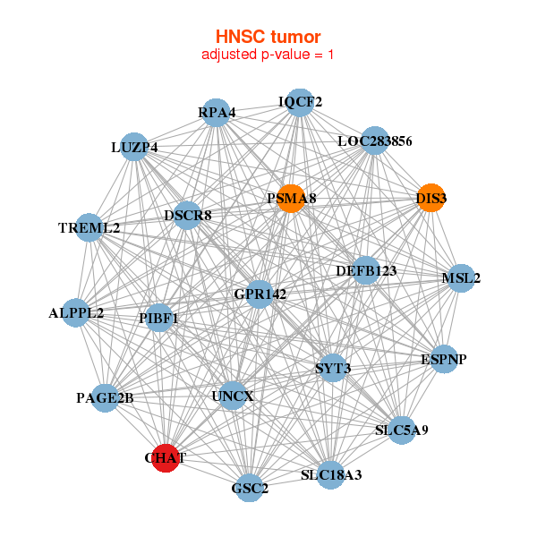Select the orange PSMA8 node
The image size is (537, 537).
290,198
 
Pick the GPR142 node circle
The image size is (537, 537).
259,294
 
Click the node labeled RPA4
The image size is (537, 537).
217,113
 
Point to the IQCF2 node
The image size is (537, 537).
300,101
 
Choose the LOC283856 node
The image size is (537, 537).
374,141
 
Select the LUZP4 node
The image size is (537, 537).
134,147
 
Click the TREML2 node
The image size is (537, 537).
89,227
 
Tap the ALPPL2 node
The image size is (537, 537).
76,313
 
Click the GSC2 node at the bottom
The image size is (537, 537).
250,488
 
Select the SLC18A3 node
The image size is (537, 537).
331,474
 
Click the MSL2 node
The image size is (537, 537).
461,278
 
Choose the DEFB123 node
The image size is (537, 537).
365,270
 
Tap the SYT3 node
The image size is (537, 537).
332,368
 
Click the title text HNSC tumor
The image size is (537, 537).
268,37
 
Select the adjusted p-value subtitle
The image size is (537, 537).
268,55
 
